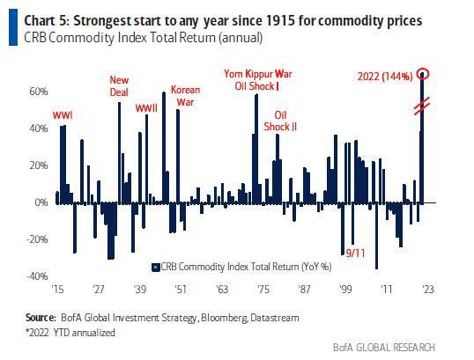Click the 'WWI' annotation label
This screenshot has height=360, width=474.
tap(63, 115)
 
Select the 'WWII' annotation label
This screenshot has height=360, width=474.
tap(146, 108)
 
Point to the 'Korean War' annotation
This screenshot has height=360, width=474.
tap(185, 95)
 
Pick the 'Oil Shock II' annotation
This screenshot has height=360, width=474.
tap(281, 121)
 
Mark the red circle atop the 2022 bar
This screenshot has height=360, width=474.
tap(424, 74)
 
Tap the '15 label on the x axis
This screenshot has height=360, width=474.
tap(59, 288)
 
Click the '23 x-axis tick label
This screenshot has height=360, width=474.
tap(426, 288)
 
